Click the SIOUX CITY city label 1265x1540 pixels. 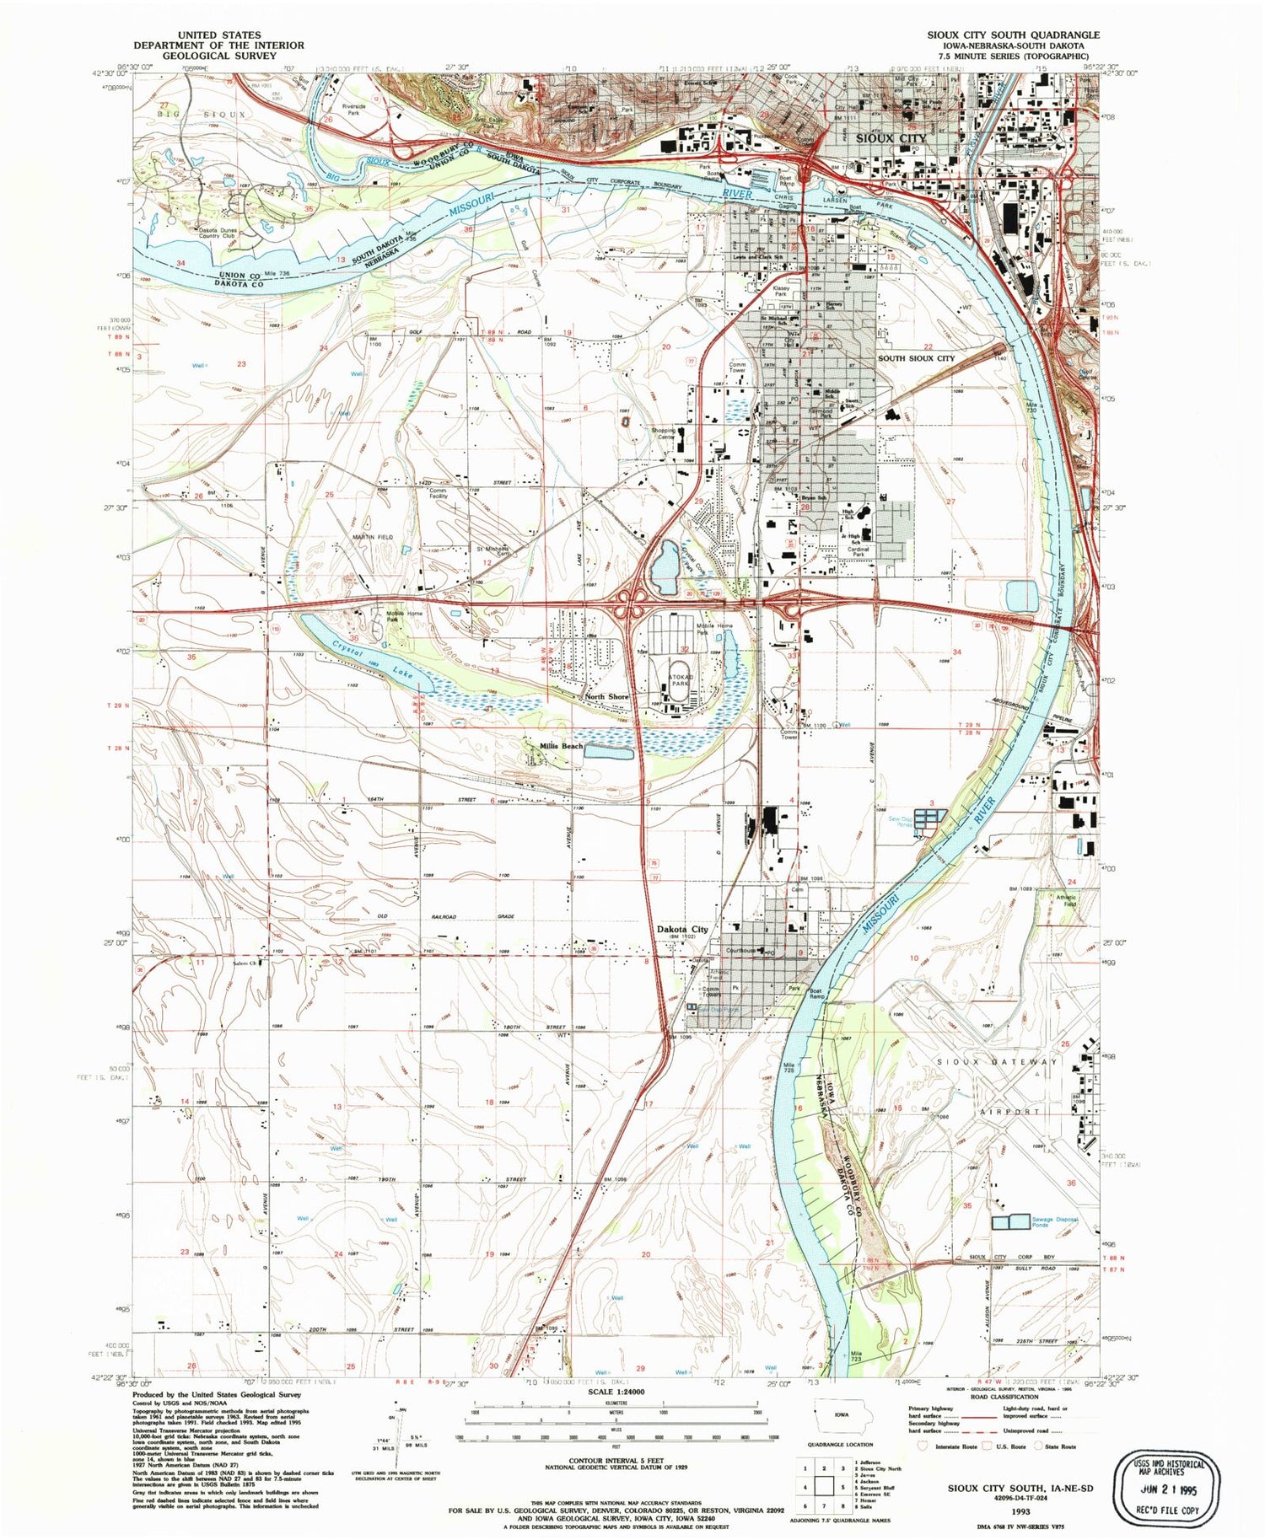[x=891, y=138]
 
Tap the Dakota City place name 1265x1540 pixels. [x=682, y=929]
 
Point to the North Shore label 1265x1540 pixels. [x=606, y=697]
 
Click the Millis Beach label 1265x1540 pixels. [x=561, y=746]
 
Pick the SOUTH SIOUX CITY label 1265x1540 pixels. [x=917, y=358]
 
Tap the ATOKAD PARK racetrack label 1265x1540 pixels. [x=680, y=681]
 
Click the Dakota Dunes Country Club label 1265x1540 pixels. [x=218, y=233]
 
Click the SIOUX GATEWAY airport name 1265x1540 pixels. [x=998, y=1062]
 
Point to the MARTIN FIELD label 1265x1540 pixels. [x=372, y=537]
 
